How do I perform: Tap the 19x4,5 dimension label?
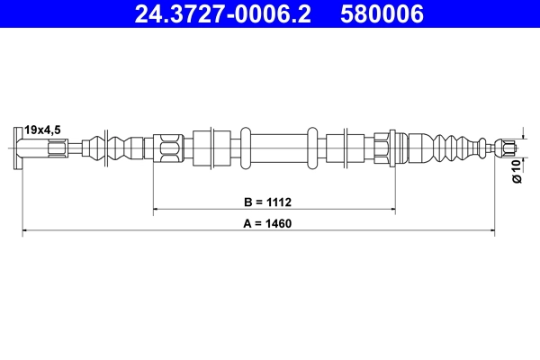click(43, 128)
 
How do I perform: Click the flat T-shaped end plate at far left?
click(20, 146)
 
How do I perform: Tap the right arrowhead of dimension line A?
click(491, 231)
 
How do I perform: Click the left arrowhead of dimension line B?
click(157, 209)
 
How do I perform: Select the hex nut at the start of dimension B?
click(168, 146)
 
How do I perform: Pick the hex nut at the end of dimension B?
click(382, 146)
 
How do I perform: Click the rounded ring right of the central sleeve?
click(312, 146)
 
